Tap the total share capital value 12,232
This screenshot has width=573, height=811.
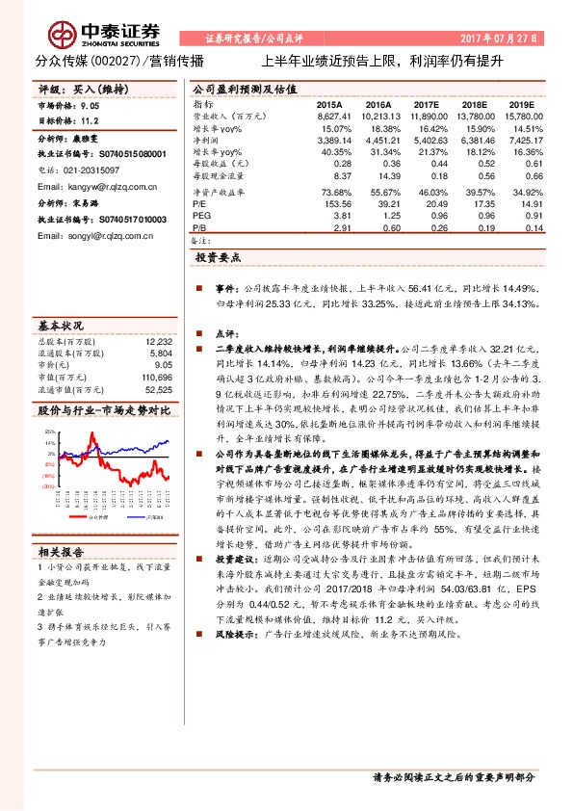point(158,342)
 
